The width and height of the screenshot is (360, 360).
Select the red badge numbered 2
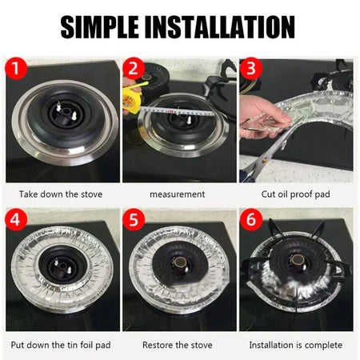coord(135,70)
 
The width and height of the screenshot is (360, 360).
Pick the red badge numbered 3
coord(253,70)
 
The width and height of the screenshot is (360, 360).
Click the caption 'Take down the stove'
coord(62,194)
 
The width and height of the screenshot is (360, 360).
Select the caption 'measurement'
coord(178,194)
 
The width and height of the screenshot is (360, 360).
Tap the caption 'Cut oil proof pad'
coord(296,194)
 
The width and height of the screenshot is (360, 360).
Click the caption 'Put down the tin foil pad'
coord(62,345)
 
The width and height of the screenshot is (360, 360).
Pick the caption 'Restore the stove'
coord(178,345)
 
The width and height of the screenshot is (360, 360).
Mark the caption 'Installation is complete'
coord(296,345)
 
